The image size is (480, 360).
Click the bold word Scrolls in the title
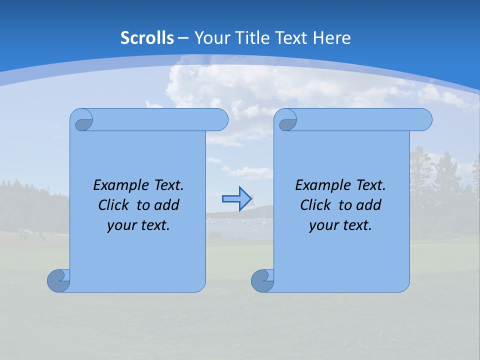(x=147, y=38)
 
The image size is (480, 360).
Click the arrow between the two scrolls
(x=237, y=199)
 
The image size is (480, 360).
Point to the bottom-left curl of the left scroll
(x=58, y=280)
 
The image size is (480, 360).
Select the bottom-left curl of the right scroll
(x=262, y=280)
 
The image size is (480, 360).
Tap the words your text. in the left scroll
(x=138, y=225)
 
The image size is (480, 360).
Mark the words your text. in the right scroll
(x=340, y=225)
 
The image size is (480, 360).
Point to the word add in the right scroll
(x=369, y=205)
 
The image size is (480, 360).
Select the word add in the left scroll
(x=167, y=205)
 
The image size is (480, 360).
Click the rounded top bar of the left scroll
(x=160, y=119)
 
